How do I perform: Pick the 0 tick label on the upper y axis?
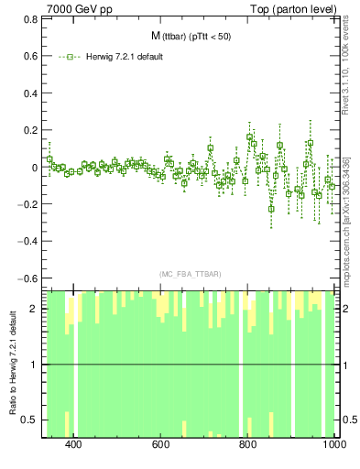click(35, 169)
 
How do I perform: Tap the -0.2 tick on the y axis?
click(27, 205)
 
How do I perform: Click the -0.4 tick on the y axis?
click(27, 242)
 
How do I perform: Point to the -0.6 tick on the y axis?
click(27, 278)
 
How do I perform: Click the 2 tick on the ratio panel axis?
click(35, 309)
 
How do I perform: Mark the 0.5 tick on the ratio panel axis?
click(31, 420)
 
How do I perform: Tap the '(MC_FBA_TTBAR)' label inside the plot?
click(190, 274)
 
